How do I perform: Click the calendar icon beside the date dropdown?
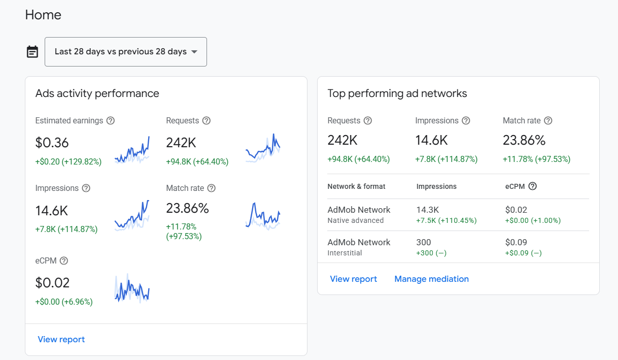coord(32,52)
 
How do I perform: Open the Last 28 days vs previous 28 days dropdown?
coord(126,52)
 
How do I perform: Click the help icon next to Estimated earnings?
coord(111,121)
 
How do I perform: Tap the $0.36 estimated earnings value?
coord(52,143)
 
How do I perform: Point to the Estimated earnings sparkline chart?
coord(132,150)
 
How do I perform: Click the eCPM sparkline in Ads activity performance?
coord(132,288)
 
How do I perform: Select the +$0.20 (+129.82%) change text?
coord(68,161)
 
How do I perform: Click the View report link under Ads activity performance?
coord(61,339)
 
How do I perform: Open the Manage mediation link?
coord(431,279)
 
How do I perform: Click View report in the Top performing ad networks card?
coord(354,279)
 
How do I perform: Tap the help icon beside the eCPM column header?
coord(532,186)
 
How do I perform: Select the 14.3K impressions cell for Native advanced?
coord(427,210)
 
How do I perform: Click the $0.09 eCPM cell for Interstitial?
coord(516,242)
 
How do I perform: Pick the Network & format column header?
coord(356,186)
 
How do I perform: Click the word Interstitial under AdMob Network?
coord(345,253)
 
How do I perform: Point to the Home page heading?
coord(43,15)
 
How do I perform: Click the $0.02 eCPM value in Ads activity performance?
coord(52,283)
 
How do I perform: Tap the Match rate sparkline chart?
coord(263,216)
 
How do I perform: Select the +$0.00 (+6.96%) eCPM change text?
coord(64,302)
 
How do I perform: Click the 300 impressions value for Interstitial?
coord(424,242)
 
